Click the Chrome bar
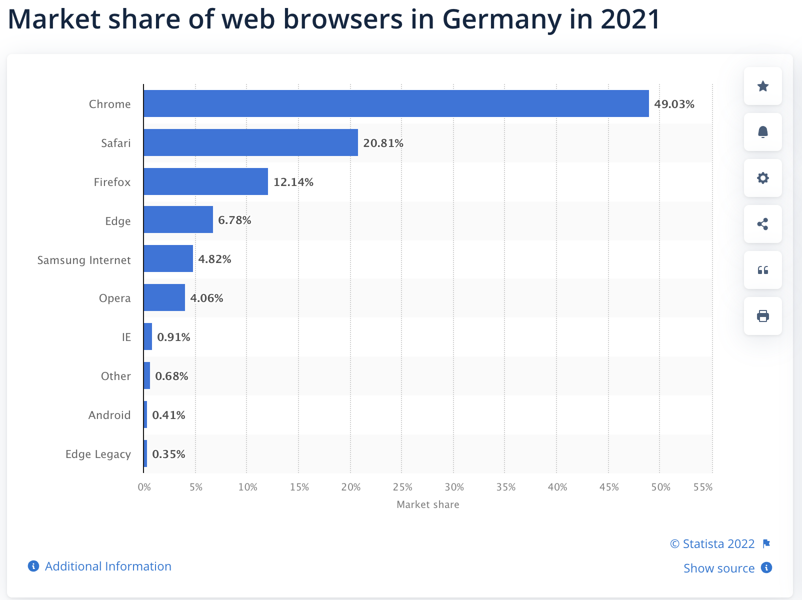coord(396,103)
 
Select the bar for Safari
coord(250,142)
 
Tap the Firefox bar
coord(205,181)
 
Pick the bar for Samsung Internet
coord(168,258)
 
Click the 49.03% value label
coord(674,104)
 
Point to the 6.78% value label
coord(234,220)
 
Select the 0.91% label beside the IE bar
coord(173,337)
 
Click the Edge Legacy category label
coord(98,454)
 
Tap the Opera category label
coord(114,298)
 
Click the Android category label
coord(109,415)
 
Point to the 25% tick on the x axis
coord(402,487)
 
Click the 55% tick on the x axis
coord(703,487)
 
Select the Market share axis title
coord(427,504)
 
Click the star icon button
coord(762,86)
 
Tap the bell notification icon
coord(762,132)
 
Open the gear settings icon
coord(762,178)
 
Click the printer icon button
coord(762,316)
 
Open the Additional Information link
coord(107,566)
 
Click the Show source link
coord(718,568)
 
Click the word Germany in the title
coord(501,19)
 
